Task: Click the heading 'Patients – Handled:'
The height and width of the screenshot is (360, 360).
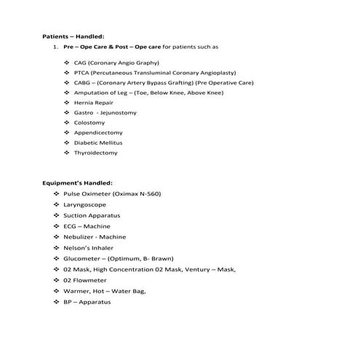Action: pos(73,36)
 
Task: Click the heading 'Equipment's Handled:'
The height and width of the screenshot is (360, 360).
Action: pos(77,183)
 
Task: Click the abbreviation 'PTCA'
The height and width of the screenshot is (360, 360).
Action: pos(82,73)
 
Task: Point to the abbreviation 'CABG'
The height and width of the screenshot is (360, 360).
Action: pos(83,83)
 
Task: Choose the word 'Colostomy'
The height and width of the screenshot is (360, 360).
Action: pos(89,123)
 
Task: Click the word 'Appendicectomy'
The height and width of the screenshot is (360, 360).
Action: pos(98,133)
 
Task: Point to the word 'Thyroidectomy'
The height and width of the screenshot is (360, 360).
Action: pos(95,153)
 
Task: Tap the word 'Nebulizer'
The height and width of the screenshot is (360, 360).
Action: pos(80,237)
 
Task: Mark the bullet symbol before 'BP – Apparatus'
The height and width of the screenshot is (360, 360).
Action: pos(57,301)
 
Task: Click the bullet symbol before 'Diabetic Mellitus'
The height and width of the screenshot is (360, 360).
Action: pos(67,143)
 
